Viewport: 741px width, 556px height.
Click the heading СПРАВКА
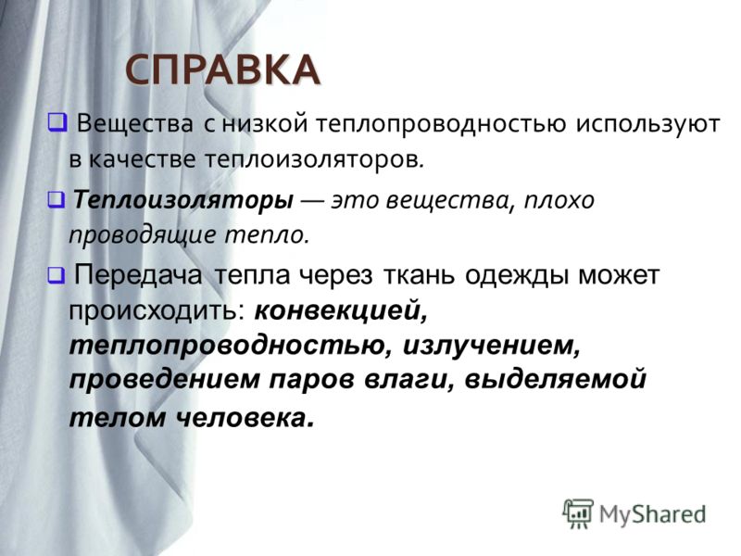(222, 70)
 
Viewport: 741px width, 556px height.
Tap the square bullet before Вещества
(57, 122)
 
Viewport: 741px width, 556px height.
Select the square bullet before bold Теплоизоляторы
(56, 199)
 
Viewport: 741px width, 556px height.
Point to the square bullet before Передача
(56, 274)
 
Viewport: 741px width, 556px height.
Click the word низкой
(266, 124)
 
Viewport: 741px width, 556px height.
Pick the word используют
(647, 125)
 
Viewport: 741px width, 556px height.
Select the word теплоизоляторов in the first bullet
(314, 160)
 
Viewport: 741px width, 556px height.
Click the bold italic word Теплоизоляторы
(182, 200)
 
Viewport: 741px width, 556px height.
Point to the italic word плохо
(559, 200)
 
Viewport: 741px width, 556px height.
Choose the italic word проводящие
(144, 235)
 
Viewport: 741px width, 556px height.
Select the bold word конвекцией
(341, 311)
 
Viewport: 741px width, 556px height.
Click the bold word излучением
(492, 347)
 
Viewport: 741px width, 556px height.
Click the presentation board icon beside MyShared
(578, 513)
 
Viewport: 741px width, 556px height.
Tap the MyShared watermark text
(652, 514)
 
